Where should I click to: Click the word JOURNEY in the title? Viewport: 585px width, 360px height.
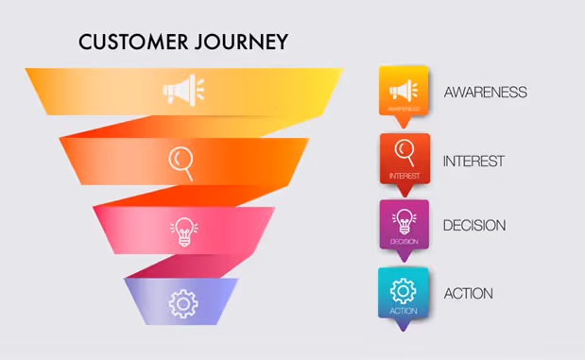pyautogui.click(x=241, y=43)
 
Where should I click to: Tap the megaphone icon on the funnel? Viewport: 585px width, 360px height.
pyautogui.click(x=182, y=91)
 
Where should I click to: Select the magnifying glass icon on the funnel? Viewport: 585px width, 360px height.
pyautogui.click(x=181, y=161)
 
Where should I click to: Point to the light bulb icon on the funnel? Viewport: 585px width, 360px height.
pyautogui.click(x=182, y=231)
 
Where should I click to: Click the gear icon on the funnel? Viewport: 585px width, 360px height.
pyautogui.click(x=182, y=302)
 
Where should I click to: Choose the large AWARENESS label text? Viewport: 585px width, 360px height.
pyautogui.click(x=485, y=92)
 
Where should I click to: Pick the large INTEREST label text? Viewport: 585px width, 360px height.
pyautogui.click(x=473, y=161)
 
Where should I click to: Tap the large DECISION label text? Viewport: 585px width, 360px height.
pyautogui.click(x=473, y=226)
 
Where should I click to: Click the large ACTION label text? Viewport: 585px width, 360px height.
pyautogui.click(x=468, y=293)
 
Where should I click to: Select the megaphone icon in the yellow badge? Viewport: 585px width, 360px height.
pyautogui.click(x=404, y=90)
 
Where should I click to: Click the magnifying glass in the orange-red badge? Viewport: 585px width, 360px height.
pyautogui.click(x=404, y=151)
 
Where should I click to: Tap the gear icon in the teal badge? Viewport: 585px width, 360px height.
pyautogui.click(x=404, y=288)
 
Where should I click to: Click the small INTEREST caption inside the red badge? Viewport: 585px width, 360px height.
pyautogui.click(x=404, y=176)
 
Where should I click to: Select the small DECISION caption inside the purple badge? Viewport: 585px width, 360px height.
pyautogui.click(x=404, y=242)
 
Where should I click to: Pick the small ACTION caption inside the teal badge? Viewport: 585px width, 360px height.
pyautogui.click(x=404, y=311)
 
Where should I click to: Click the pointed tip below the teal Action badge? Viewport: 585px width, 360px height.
pyautogui.click(x=404, y=328)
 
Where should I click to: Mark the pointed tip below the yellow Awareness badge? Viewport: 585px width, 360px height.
pyautogui.click(x=404, y=124)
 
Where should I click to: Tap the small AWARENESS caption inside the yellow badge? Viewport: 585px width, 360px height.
pyautogui.click(x=404, y=109)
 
